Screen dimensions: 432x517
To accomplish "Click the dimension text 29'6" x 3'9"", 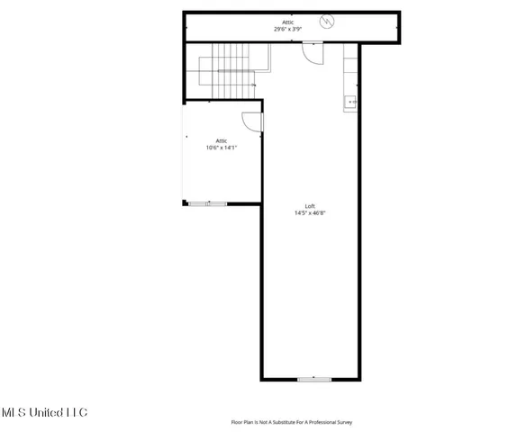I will coord(288,29).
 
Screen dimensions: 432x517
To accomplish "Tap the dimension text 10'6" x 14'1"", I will coord(221,147).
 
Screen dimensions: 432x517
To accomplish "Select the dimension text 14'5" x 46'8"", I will coord(308,213).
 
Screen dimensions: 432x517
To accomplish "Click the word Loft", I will coord(308,206).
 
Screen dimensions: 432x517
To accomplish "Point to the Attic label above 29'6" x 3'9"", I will coord(288,22).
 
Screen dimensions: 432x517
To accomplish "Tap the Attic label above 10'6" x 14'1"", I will coord(221,139).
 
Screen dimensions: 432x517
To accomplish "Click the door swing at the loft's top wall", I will coord(311,54).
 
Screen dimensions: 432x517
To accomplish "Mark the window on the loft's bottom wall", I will coord(313,379).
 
